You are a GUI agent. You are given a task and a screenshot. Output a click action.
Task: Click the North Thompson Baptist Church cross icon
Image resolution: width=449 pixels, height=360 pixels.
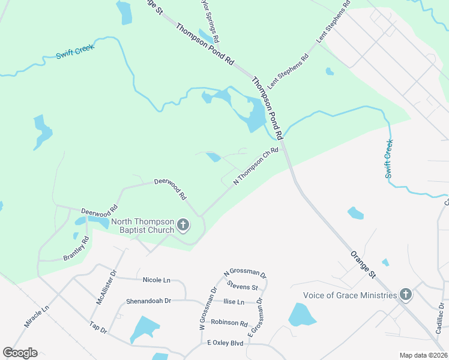(184, 226)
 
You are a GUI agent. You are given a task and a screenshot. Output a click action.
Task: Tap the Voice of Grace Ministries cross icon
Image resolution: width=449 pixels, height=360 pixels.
(406, 295)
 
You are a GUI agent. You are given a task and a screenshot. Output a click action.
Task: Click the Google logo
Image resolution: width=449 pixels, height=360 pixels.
(20, 352)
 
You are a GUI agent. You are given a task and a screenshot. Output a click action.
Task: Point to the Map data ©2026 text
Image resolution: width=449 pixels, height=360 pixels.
(423, 355)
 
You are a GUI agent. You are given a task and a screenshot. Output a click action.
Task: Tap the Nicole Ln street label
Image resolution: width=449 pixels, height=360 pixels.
(157, 280)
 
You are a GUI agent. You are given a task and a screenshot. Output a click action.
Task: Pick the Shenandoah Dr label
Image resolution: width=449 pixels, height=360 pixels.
(148, 301)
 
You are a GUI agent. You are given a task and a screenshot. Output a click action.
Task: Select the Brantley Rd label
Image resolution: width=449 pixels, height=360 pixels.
(76, 248)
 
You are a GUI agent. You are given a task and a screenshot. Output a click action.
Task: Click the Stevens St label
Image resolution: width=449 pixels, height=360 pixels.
(244, 287)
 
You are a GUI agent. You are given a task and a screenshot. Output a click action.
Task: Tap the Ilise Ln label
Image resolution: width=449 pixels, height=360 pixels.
(234, 302)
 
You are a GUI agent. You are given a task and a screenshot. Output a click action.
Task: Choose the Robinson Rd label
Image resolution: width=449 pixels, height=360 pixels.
(229, 323)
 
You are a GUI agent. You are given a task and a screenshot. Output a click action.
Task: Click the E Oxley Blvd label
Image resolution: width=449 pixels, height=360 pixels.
(225, 343)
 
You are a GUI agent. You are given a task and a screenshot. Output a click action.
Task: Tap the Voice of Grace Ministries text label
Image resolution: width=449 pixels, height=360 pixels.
(350, 295)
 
